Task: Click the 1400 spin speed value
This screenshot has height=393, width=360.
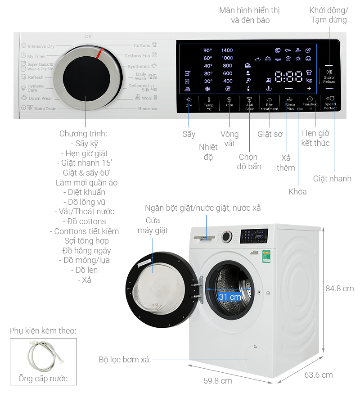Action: click(x=227, y=50)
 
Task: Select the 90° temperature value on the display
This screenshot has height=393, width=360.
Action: click(x=207, y=50)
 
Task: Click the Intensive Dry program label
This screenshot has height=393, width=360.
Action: click(x=41, y=46)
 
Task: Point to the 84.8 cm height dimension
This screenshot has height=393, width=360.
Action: click(x=339, y=289)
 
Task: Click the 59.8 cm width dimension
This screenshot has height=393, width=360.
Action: click(x=218, y=381)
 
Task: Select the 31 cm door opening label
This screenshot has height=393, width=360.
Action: click(x=230, y=297)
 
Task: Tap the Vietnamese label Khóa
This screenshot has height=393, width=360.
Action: click(x=297, y=192)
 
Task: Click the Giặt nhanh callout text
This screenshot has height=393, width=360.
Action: click(x=332, y=179)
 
